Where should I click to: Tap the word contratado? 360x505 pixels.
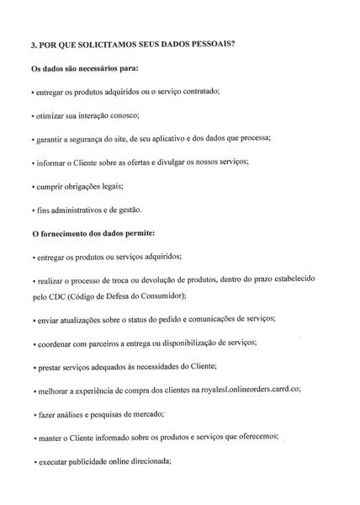[x=194, y=91]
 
